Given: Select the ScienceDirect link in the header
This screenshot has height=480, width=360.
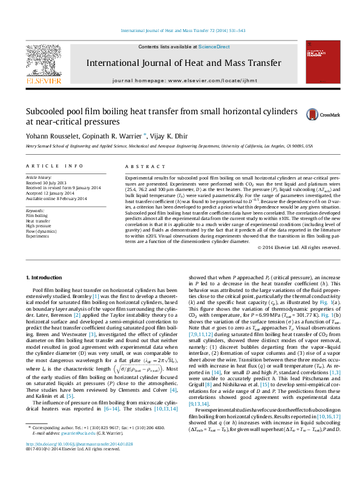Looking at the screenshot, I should pyautogui.click(x=214, y=47).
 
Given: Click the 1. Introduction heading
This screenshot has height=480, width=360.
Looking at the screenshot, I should pyautogui.click(x=46, y=277).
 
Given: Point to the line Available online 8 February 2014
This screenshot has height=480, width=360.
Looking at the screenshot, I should pyautogui.click(x=56, y=198).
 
